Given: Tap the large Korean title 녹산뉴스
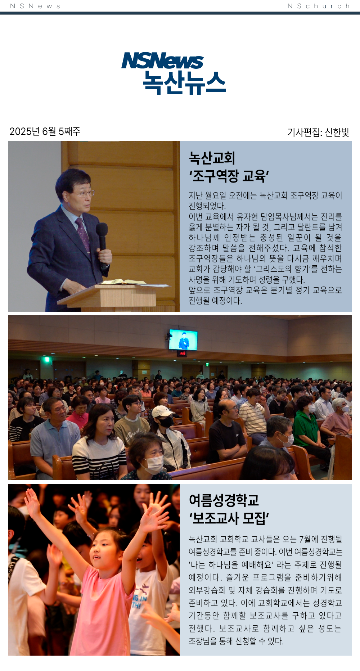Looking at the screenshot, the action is (x=184, y=82).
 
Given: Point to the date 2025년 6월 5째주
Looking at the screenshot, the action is (x=45, y=131).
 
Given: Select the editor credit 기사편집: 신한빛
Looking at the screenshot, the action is (x=318, y=132).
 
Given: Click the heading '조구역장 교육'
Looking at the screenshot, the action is (x=229, y=176).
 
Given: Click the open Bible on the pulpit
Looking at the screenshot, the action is (x=122, y=282).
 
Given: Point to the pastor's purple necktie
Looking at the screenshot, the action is (x=83, y=234).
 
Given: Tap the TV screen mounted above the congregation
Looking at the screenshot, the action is (x=183, y=339).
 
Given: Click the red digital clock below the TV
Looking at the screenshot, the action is (x=183, y=353).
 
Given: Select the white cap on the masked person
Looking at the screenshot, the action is (x=162, y=411).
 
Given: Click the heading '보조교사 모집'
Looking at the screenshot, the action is (x=229, y=518).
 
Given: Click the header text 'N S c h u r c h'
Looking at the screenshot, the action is (x=319, y=6).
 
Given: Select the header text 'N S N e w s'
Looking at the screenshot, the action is (x=35, y=6).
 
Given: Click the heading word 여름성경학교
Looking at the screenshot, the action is (x=224, y=500).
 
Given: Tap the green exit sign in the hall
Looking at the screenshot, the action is (x=46, y=359).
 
